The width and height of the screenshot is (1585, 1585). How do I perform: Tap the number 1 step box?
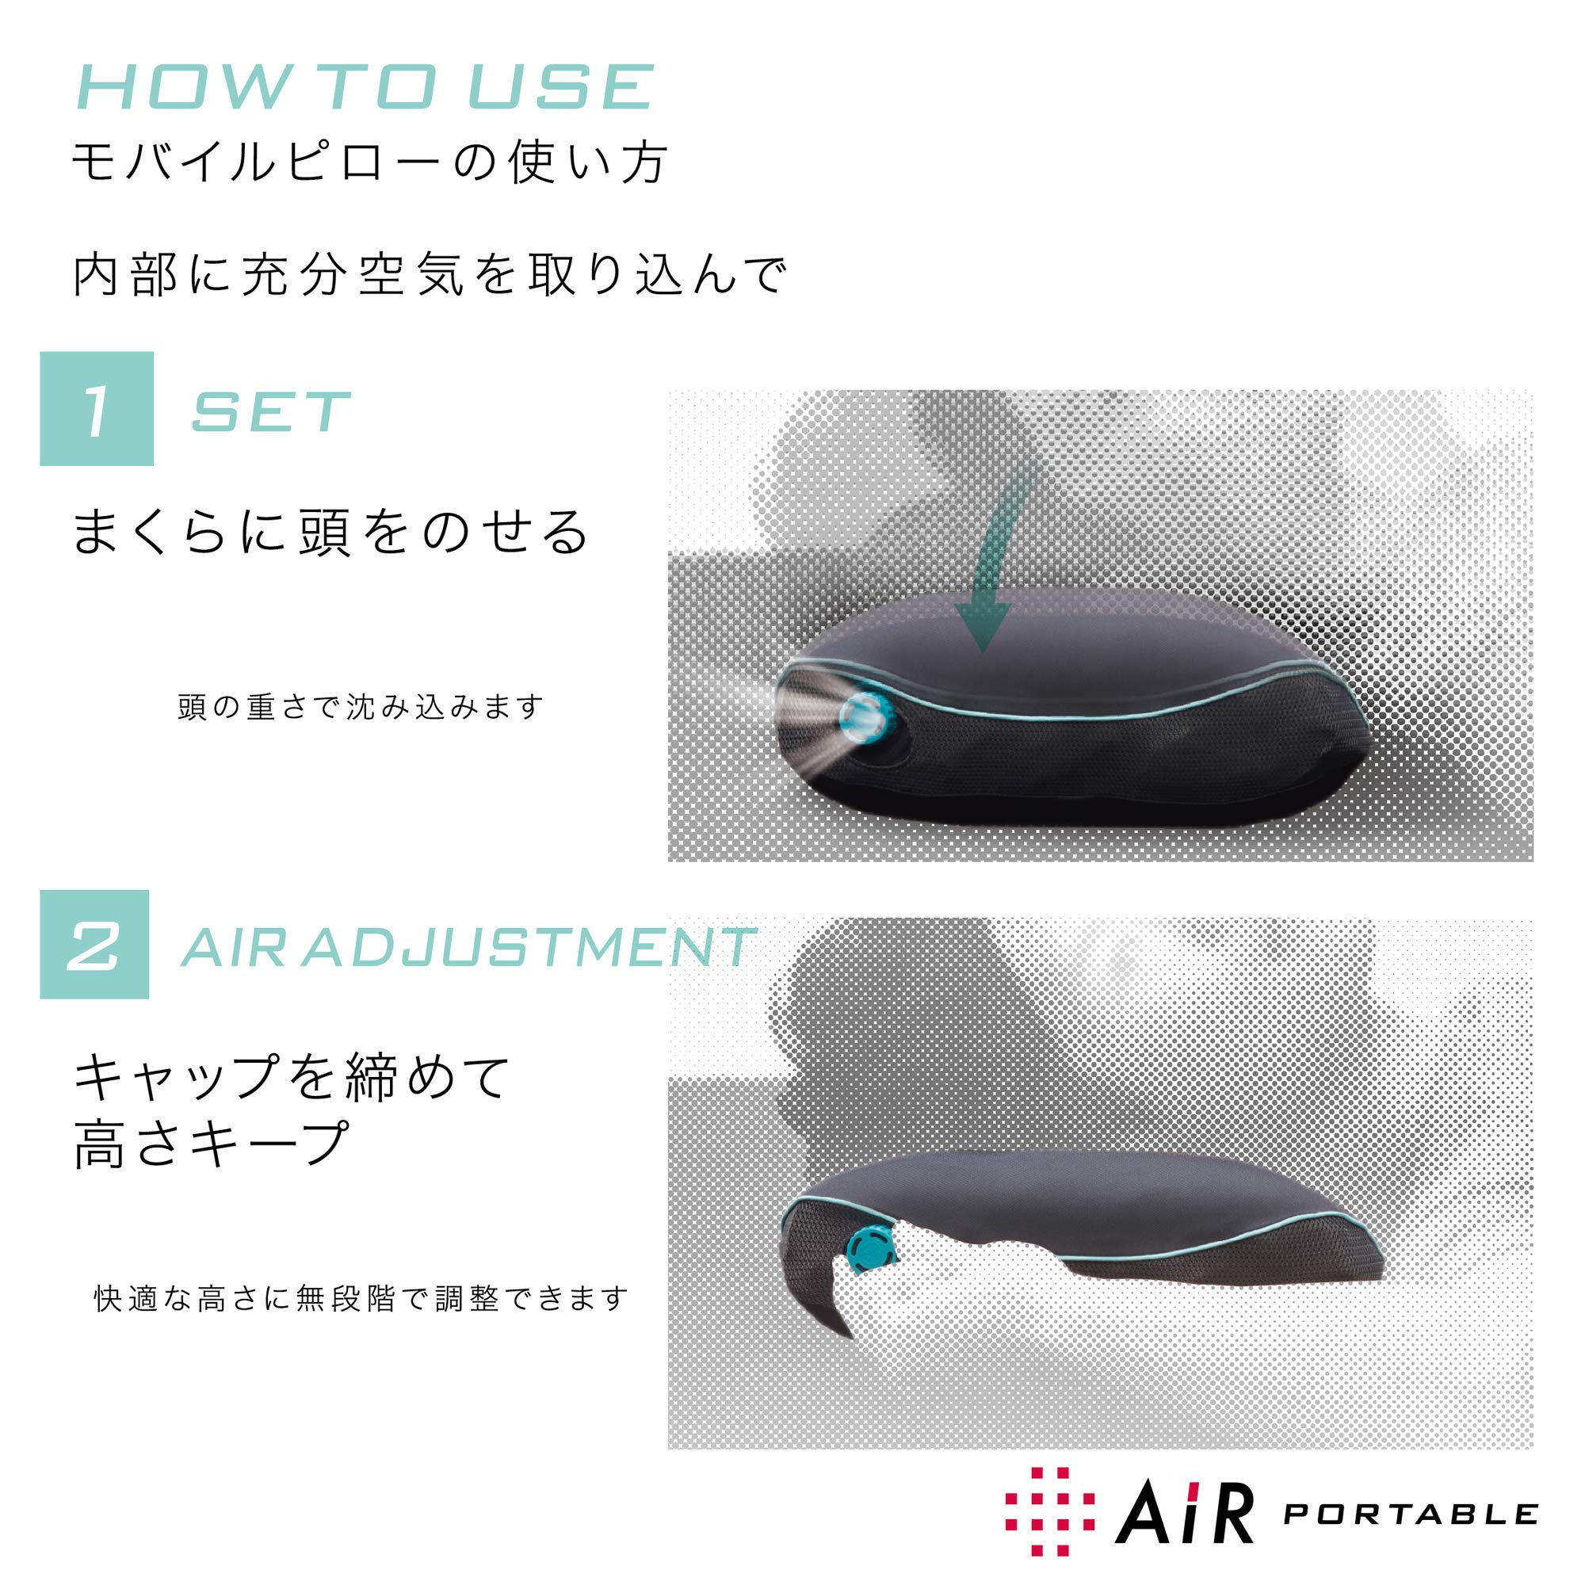(97, 409)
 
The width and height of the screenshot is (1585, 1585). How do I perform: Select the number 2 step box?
(94, 945)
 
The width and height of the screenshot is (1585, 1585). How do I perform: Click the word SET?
(271, 412)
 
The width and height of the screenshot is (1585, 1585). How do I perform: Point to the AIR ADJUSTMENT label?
(466, 948)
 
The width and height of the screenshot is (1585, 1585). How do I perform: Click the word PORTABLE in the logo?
(1409, 1513)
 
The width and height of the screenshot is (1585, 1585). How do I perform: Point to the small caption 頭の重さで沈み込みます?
(361, 707)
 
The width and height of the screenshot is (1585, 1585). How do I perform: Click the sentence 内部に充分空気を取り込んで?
(430, 276)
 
